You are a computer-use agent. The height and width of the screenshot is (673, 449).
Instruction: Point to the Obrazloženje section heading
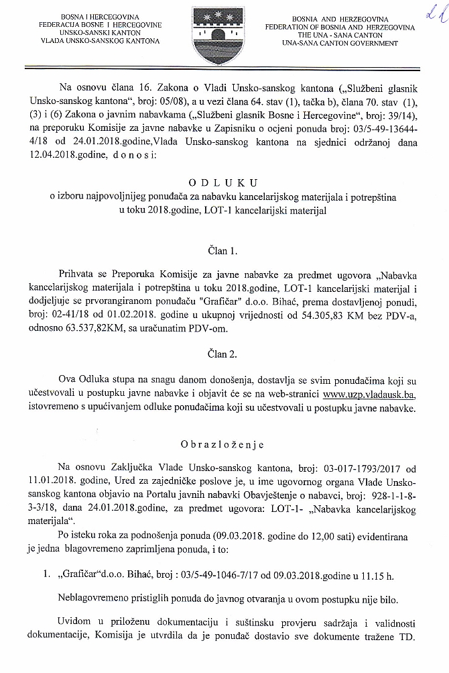(223, 444)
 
